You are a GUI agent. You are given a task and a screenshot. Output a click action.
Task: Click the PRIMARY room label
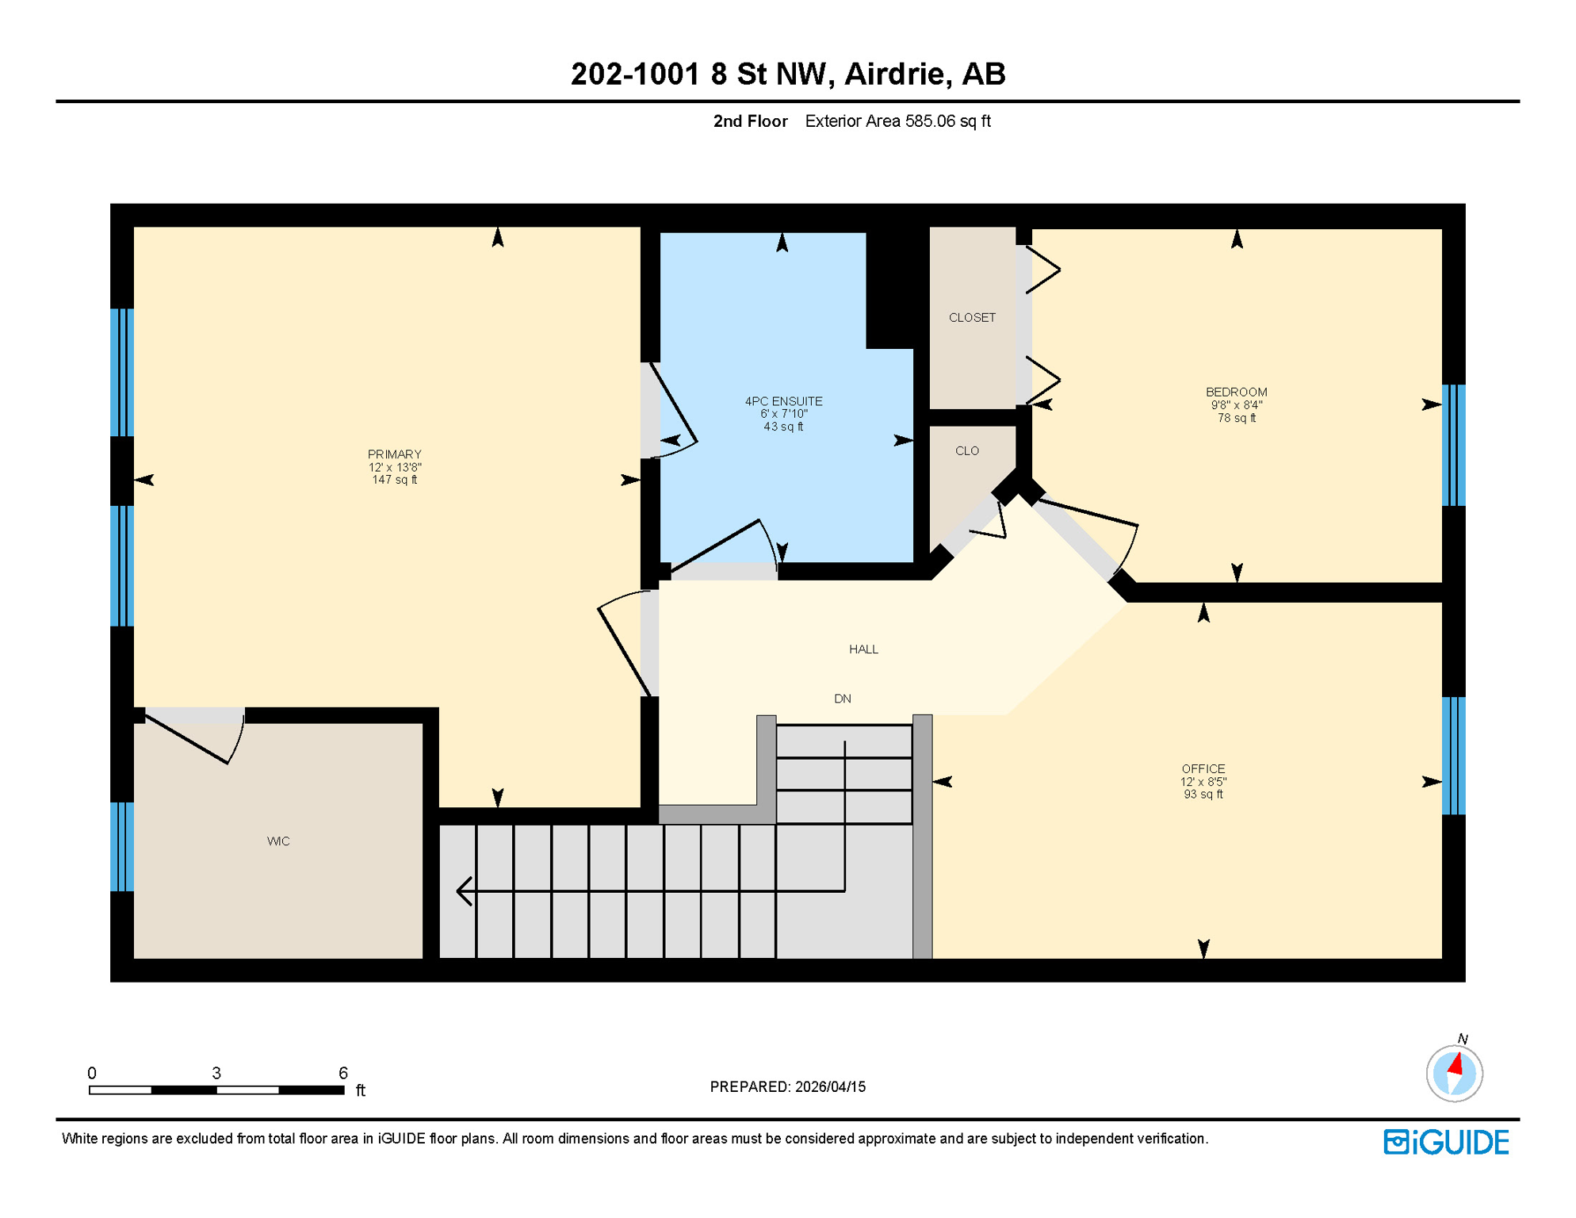point(394,454)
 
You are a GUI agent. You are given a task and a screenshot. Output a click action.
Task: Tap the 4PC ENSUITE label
point(783,402)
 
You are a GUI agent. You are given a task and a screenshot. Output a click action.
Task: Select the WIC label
point(278,841)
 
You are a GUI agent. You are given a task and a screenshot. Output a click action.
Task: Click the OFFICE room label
point(1203,769)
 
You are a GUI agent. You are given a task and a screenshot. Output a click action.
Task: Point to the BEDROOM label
point(1236,393)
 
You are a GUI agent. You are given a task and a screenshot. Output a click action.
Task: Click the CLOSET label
point(972,318)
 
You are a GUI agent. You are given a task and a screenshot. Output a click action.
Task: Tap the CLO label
point(966,451)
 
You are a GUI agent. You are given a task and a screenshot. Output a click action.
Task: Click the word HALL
point(863,649)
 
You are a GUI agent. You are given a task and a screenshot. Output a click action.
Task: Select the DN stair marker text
point(842,699)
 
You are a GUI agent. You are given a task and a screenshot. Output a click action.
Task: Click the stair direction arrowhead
point(465,891)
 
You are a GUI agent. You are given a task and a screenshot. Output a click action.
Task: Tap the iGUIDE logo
point(1446,1143)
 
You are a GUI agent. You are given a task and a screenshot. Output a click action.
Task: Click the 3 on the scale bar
point(216,1074)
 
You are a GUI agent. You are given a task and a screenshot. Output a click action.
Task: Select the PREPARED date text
point(787,1087)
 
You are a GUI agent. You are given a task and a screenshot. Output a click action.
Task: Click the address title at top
point(787,75)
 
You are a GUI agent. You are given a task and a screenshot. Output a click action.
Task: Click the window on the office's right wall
point(1453,756)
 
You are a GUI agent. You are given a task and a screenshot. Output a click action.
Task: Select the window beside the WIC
point(121,847)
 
